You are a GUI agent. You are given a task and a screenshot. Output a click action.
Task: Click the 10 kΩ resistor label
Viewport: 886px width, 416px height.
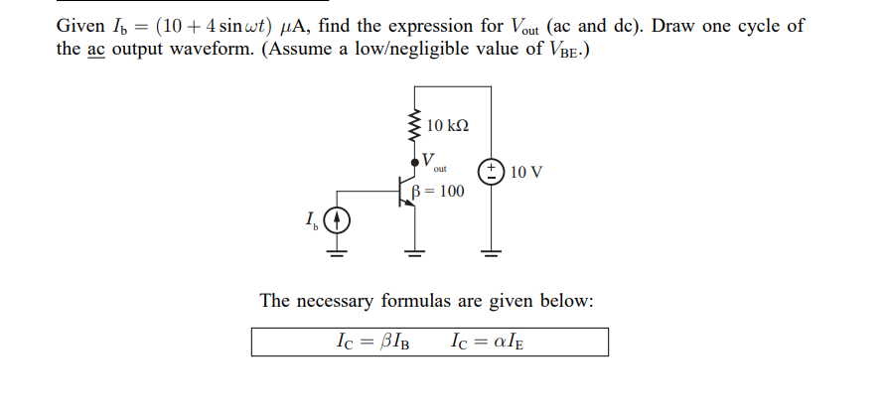tap(447, 126)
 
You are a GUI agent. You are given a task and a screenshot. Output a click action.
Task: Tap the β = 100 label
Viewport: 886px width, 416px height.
tap(442, 191)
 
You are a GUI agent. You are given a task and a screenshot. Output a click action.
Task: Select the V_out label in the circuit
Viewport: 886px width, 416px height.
tap(432, 161)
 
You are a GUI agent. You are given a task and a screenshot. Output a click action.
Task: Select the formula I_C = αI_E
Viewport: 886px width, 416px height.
tap(486, 343)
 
